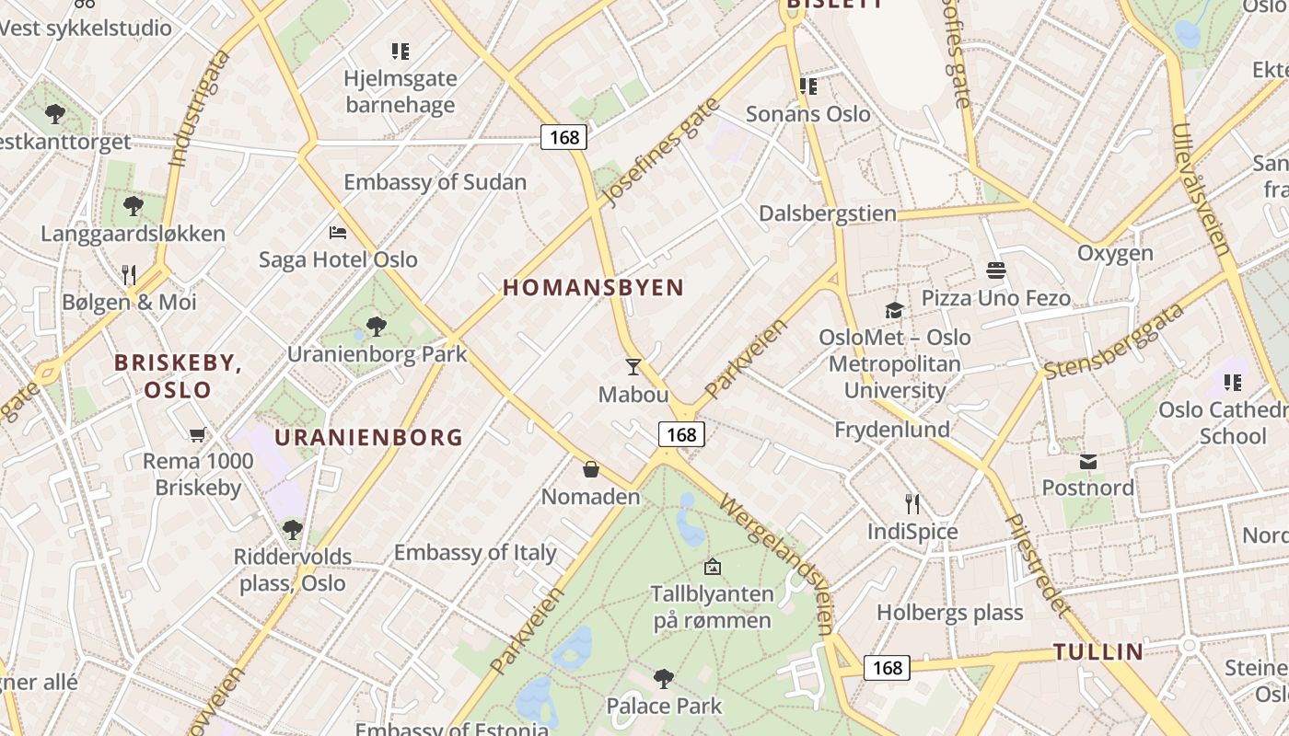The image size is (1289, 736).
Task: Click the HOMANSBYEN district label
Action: (593, 288)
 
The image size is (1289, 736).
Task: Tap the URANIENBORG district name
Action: (368, 437)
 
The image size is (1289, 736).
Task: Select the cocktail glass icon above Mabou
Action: (633, 367)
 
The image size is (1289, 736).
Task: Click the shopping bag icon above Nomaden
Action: (591, 469)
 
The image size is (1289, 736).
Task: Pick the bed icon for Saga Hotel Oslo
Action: (338, 233)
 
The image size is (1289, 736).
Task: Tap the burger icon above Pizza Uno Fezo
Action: (995, 270)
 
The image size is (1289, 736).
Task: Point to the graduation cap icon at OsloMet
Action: (894, 310)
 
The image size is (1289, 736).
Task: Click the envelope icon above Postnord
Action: (1088, 461)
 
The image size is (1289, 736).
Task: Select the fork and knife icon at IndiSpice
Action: (912, 504)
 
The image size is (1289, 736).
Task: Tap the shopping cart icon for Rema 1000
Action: (197, 434)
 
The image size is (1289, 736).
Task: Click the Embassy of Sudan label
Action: (435, 182)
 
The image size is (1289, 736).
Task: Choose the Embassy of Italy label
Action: (475, 553)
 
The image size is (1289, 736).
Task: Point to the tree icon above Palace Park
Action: (663, 679)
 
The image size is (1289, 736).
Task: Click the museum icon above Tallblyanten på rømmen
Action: (712, 567)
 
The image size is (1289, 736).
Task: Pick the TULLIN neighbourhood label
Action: (1098, 652)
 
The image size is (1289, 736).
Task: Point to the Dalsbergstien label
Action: (827, 214)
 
